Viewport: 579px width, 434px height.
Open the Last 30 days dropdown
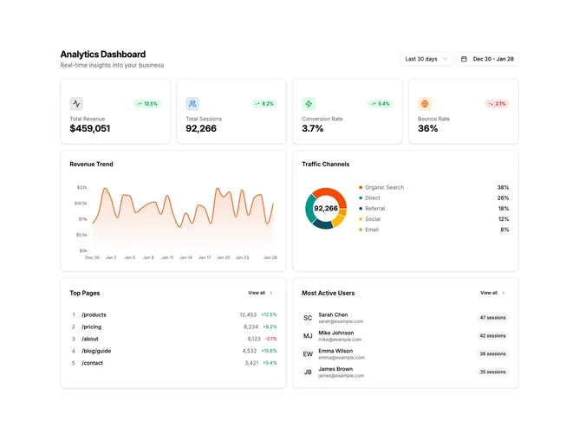tap(426, 59)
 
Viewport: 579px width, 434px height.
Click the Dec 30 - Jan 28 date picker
tap(487, 59)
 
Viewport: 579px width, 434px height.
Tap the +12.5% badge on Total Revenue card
tap(147, 104)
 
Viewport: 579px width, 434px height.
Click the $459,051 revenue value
tap(90, 128)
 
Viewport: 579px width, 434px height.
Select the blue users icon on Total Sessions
tap(192, 104)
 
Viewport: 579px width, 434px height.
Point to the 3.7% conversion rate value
tap(312, 128)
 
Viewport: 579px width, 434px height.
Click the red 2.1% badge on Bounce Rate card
tap(497, 104)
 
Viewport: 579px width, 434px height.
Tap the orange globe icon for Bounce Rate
tap(425, 104)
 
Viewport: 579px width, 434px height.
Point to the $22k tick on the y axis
tap(82, 187)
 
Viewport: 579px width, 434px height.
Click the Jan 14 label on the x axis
tap(185, 257)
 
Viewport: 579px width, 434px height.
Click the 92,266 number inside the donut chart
tap(326, 208)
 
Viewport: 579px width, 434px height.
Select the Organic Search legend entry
tap(381, 187)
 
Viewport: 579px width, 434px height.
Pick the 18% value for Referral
tap(504, 209)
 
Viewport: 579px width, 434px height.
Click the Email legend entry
tap(369, 230)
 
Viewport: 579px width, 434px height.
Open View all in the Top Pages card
tap(260, 293)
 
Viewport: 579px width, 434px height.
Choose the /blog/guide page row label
tap(96, 351)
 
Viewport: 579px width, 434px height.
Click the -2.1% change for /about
tap(270, 339)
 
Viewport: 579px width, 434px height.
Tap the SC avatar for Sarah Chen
tap(308, 318)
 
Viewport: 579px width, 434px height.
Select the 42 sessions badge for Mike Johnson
tap(492, 336)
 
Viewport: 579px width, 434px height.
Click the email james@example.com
tap(341, 376)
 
